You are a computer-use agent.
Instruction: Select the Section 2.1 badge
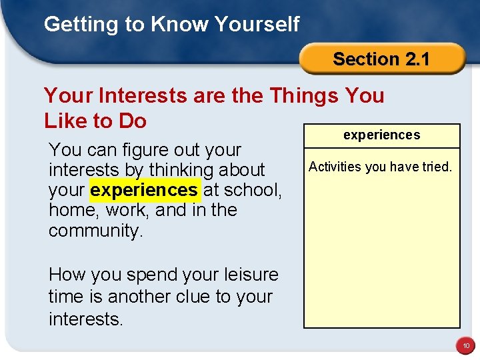pos(381,59)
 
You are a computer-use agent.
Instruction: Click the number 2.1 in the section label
pos(417,59)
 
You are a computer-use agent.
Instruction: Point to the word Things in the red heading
pos(304,95)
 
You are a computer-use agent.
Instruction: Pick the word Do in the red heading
pos(132,121)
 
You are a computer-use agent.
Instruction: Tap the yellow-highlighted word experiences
pos(144,190)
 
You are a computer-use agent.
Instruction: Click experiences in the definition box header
pos(381,135)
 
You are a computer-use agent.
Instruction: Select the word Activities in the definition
pos(335,167)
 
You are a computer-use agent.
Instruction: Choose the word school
pos(251,190)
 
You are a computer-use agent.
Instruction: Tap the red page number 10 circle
pos(464,346)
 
